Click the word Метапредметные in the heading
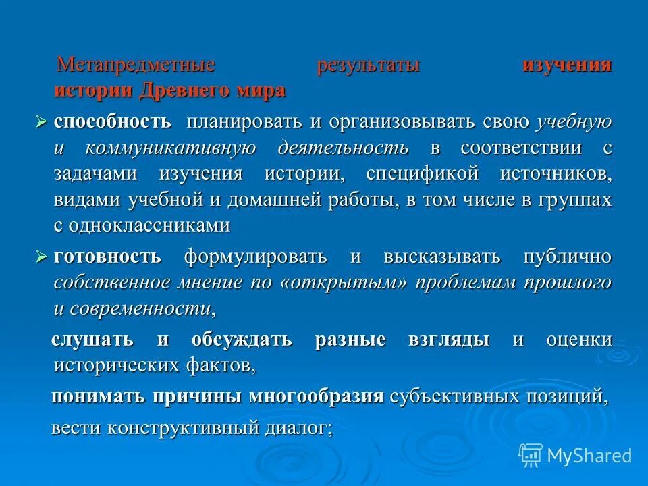pos(136,65)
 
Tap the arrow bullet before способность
pos(42,123)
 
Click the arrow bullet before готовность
pos(42,257)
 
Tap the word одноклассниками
pos(151,225)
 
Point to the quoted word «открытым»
pos(345,283)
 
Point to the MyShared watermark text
pos(589,456)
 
